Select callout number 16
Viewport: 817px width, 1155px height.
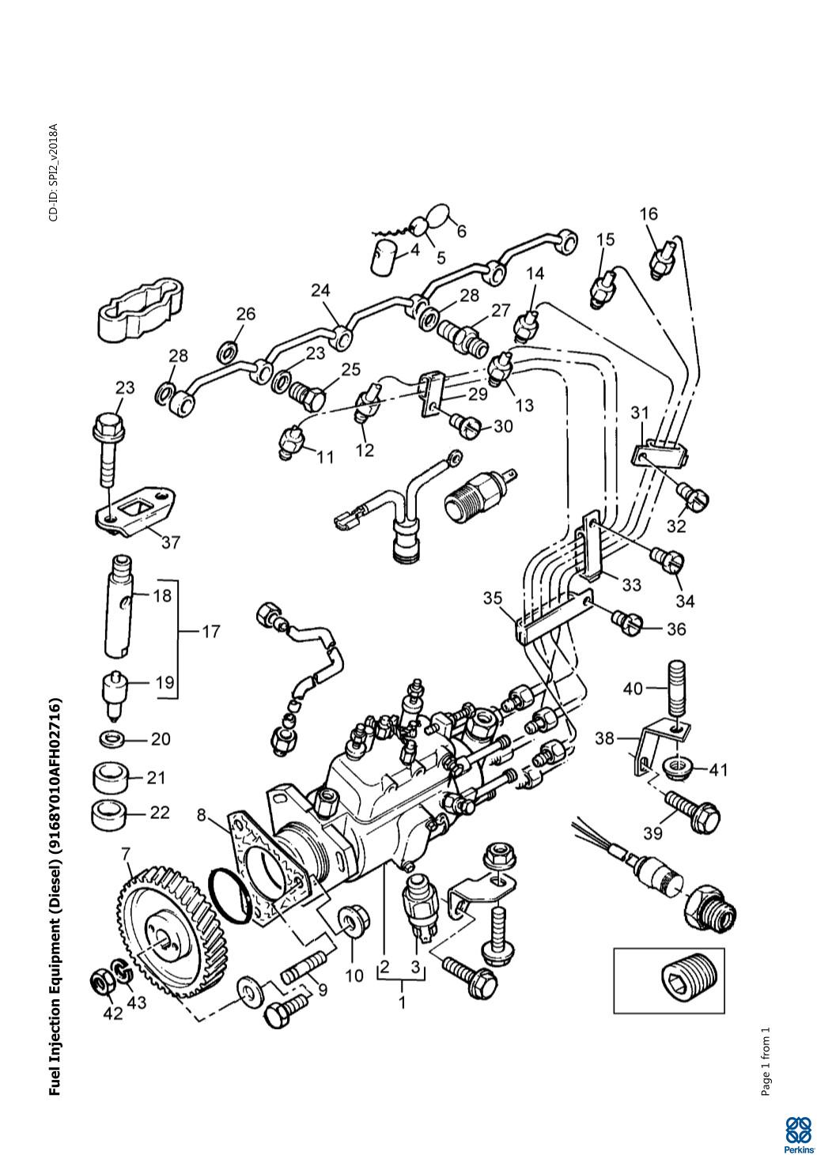tap(649, 213)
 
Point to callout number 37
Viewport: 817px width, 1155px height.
tap(171, 542)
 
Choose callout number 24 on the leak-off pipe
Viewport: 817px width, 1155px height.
tap(320, 291)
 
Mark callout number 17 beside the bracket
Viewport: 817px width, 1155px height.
tap(210, 632)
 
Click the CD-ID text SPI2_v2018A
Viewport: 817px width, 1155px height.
tap(53, 172)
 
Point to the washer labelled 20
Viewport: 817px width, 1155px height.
tap(111, 740)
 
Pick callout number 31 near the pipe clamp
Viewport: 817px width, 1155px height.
tap(640, 412)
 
